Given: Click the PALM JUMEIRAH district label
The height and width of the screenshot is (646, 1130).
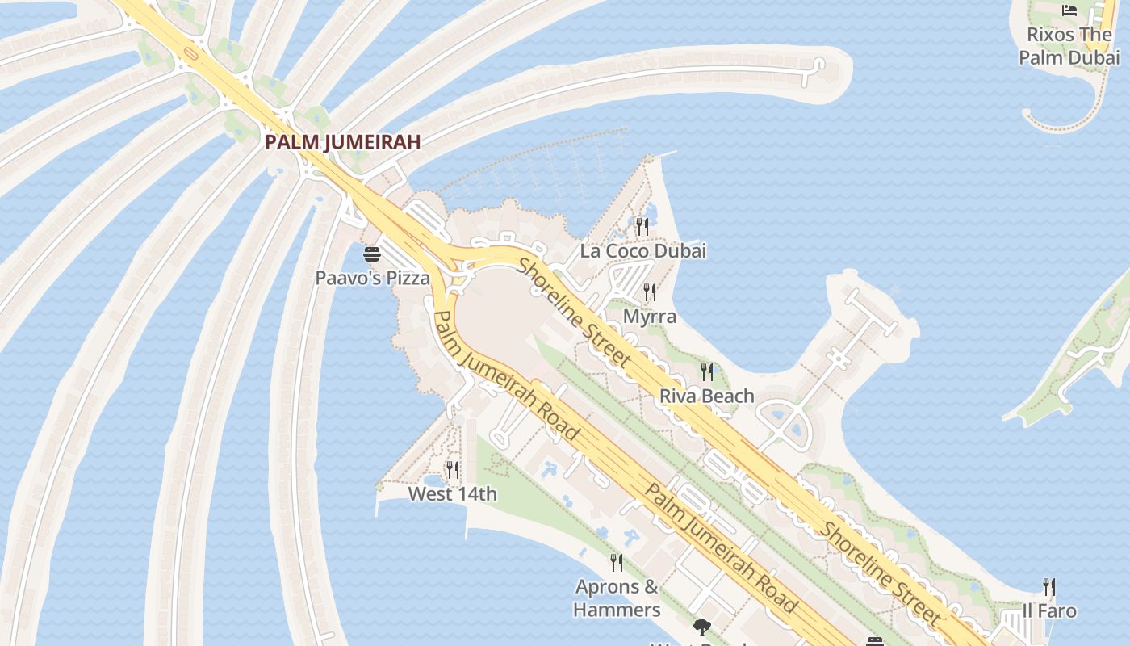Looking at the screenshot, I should [343, 143].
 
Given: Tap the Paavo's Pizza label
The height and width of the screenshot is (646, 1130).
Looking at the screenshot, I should [372, 278].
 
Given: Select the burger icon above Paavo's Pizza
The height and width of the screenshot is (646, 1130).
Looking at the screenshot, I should [372, 255].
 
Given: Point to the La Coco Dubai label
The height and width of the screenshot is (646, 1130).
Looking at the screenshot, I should [642, 250].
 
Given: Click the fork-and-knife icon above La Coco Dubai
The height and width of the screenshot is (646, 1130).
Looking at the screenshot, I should [642, 226].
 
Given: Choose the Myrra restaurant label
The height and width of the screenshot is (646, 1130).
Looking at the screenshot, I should [649, 316].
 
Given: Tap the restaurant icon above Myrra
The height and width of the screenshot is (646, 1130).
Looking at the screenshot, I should [650, 292].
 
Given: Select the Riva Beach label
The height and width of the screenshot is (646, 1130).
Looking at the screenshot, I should [706, 396].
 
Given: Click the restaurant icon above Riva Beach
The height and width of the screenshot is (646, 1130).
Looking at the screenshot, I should [707, 371].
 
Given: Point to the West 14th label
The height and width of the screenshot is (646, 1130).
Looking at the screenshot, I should [452, 493].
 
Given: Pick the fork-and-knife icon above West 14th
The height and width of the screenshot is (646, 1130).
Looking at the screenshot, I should [453, 469].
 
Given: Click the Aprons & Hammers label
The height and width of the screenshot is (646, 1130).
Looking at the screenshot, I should [617, 598].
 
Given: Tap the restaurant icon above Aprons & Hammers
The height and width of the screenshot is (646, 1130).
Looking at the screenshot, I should [617, 562].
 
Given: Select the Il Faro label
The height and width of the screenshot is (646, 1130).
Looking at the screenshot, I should [1048, 610].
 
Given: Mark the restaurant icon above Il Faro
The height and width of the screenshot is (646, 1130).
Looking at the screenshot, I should [1048, 586].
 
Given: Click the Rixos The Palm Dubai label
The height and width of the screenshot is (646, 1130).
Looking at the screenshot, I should [1069, 46].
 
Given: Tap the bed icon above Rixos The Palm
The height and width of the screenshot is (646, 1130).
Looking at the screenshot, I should [1069, 10].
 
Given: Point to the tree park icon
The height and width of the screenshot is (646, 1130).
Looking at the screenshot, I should [702, 627].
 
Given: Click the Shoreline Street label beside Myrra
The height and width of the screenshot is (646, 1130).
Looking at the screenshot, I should [574, 312].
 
